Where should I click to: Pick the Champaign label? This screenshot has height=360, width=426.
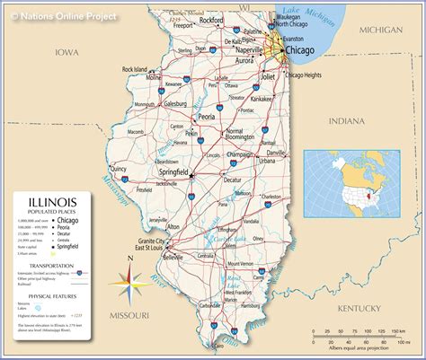pyautogui.click(x=238, y=154)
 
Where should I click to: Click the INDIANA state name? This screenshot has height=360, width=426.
pyautogui.click(x=347, y=119)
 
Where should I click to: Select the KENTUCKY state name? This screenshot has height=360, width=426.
pyautogui.click(x=361, y=308)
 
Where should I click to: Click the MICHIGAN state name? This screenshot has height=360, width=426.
pyautogui.click(x=380, y=30)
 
